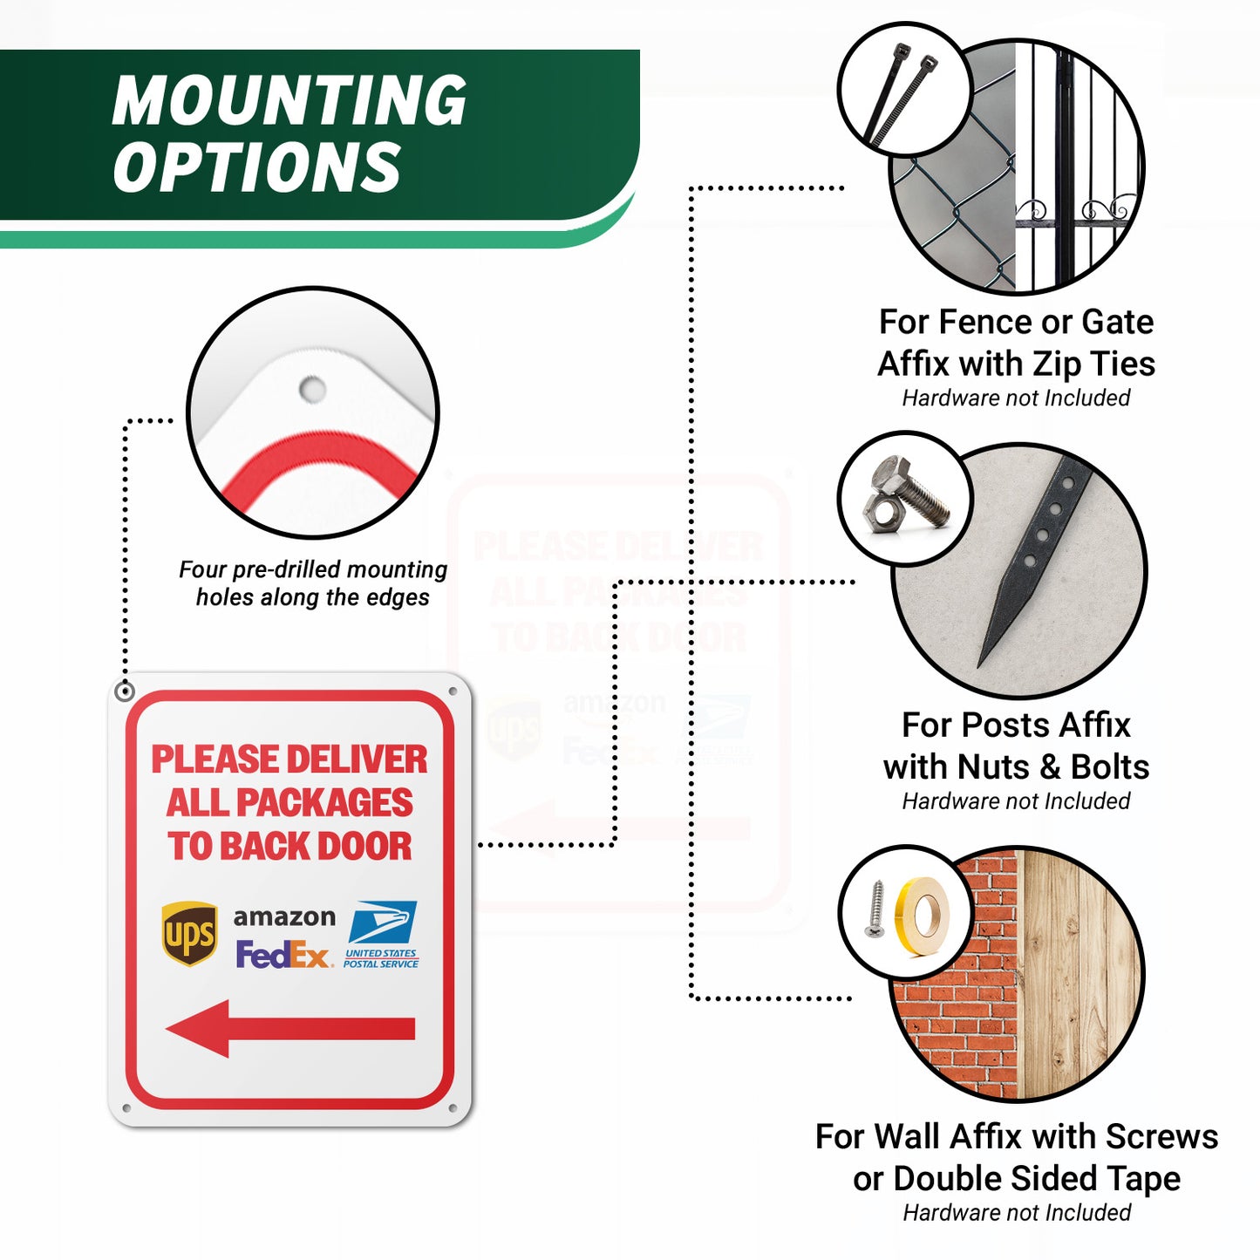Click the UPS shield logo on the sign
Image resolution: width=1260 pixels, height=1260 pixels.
coord(189,932)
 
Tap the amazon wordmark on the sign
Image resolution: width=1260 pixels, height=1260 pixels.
coord(284,916)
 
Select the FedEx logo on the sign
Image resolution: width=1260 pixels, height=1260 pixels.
coord(284,954)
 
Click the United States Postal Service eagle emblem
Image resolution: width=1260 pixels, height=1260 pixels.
coord(383,922)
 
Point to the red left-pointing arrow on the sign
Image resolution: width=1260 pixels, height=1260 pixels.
coord(290,1029)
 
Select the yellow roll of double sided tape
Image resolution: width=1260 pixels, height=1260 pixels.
coord(923,917)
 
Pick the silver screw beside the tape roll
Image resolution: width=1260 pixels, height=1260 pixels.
coord(875,909)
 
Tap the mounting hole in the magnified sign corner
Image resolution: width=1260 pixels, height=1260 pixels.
coord(312,389)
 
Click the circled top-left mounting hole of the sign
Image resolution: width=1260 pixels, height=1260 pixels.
coord(124,691)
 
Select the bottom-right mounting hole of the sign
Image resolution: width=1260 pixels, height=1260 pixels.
coord(453,1108)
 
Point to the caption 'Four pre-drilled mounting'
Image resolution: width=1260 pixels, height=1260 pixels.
coord(313,569)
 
